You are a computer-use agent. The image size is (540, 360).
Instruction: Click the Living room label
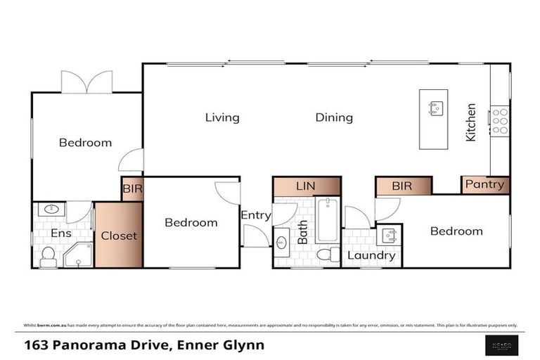(x=222, y=117)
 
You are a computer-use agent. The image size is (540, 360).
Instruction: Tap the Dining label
(x=333, y=117)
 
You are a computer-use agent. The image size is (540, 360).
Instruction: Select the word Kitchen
(x=470, y=122)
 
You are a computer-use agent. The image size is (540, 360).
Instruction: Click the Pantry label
(x=484, y=184)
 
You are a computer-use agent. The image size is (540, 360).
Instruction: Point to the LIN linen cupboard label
(x=306, y=186)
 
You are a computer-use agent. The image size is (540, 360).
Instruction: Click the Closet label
(x=119, y=236)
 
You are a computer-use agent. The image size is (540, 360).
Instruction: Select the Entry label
(x=255, y=215)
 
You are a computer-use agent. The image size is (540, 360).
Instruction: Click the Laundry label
(x=371, y=255)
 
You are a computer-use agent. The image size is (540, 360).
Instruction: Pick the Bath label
(x=302, y=231)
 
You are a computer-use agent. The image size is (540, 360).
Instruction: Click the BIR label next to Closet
(x=132, y=189)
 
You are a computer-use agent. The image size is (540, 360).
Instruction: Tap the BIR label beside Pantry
(x=401, y=186)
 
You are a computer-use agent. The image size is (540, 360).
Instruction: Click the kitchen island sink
(x=435, y=108)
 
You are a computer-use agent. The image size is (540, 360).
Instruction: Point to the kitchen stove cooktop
(x=500, y=121)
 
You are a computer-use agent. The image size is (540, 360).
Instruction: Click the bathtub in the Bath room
(x=328, y=220)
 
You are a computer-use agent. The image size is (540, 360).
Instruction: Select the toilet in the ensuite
(x=48, y=257)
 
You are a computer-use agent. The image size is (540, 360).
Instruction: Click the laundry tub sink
(x=388, y=236)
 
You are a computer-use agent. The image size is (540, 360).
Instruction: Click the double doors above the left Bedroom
(x=86, y=82)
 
